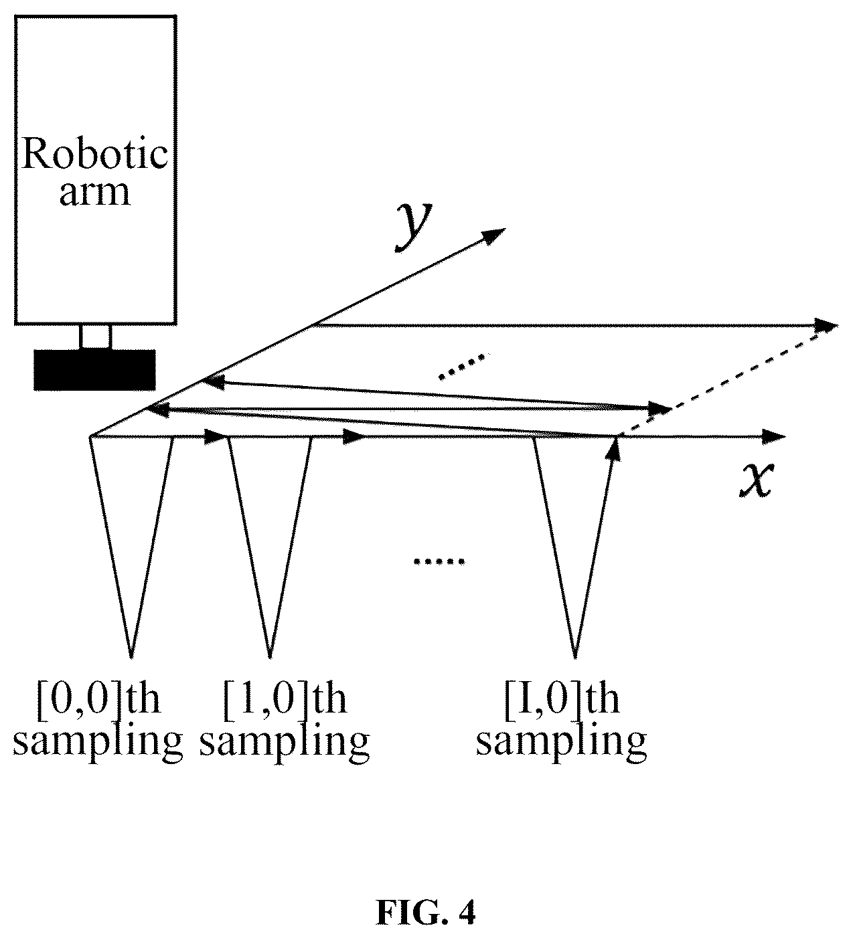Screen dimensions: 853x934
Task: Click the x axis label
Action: [x=756, y=479]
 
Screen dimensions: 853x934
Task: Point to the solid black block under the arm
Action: [x=94, y=370]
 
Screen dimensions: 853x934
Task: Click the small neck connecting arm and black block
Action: [x=96, y=337]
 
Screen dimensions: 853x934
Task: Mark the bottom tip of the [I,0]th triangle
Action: [x=574, y=658]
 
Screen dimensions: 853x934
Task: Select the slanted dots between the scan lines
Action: [x=465, y=367]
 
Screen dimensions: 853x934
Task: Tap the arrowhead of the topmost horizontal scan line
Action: [x=826, y=324]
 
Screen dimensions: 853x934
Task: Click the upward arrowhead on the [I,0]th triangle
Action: [x=615, y=450]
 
